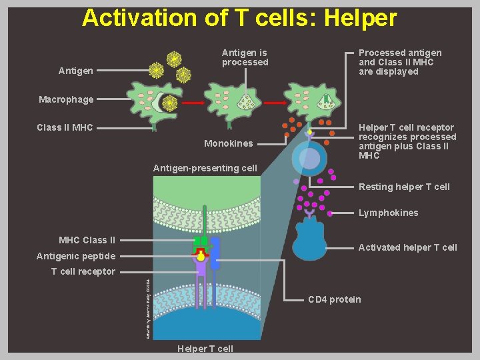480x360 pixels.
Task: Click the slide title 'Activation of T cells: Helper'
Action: coord(239,18)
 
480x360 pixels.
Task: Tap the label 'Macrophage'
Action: coord(66,100)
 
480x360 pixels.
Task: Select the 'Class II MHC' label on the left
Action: coord(65,127)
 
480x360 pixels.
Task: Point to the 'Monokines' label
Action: coord(229,143)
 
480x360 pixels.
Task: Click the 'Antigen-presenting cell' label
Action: coord(205,168)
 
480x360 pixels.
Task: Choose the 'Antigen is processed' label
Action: coord(245,57)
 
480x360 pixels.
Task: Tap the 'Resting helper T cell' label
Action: coord(404,187)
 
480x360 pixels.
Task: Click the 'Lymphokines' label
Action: coord(388,213)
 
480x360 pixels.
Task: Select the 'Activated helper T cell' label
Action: coord(407,247)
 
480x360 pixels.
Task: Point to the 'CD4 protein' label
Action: coord(334,299)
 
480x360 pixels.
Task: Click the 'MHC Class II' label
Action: coord(87,240)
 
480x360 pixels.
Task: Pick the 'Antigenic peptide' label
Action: coord(76,256)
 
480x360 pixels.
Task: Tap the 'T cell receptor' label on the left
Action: coord(83,271)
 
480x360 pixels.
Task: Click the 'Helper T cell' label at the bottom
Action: coord(205,349)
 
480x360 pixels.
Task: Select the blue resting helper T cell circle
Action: coord(309,158)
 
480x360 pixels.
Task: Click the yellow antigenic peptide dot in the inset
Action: coord(201,256)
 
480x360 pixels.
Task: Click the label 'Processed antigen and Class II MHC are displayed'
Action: coord(399,62)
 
